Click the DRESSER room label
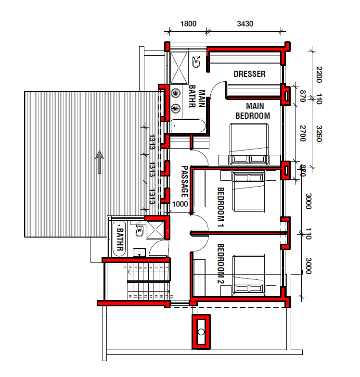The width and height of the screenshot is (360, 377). [x=249, y=74]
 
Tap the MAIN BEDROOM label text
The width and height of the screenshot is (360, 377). [x=252, y=111]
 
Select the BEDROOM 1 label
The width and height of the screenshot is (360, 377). [x=221, y=207]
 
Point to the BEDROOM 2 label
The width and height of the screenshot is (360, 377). [x=221, y=264]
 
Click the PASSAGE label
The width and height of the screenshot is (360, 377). [x=184, y=182]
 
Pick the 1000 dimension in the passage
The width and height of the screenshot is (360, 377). [x=180, y=204]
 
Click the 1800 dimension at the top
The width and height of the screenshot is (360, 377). [x=188, y=24]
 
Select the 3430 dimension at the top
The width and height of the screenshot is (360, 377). [x=245, y=24]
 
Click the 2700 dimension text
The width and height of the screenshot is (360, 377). [x=303, y=133]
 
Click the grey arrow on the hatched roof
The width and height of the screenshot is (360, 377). [x=99, y=161]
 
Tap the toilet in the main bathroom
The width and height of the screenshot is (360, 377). [x=196, y=62]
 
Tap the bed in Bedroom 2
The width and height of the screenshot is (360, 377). [x=248, y=275]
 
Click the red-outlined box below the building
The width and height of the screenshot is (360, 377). [x=201, y=331]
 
